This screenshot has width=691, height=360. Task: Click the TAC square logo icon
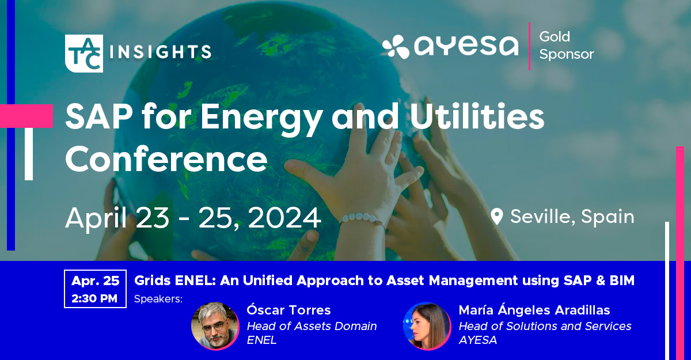(84, 54)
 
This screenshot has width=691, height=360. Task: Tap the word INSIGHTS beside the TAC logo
(161, 51)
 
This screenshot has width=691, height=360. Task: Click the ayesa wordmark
(466, 46)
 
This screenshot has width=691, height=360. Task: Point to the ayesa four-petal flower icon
(396, 47)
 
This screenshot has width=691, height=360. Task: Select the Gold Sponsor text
(567, 46)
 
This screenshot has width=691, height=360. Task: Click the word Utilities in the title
(477, 116)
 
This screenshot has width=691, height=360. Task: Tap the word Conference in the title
(166, 159)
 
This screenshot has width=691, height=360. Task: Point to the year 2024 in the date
(284, 218)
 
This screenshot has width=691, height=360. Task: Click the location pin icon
(496, 217)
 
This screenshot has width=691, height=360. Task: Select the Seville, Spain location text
(572, 217)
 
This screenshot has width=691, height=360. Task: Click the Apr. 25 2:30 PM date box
(96, 289)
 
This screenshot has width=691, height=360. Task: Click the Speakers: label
(158, 299)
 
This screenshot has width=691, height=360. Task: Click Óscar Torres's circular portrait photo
(215, 326)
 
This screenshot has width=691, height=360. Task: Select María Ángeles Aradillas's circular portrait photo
(427, 326)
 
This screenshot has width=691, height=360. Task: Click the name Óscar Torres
(288, 310)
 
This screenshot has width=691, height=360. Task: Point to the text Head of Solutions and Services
(545, 326)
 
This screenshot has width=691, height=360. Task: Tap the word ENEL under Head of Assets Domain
(261, 340)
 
